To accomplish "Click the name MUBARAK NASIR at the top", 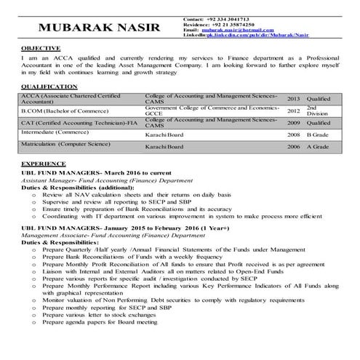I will (92, 28).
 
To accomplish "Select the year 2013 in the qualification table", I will (293, 98).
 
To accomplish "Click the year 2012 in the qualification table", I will (293, 111).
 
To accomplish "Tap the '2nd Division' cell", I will (317, 111).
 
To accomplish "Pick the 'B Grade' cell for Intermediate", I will (318, 135).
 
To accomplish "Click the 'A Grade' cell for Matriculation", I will (318, 147).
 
